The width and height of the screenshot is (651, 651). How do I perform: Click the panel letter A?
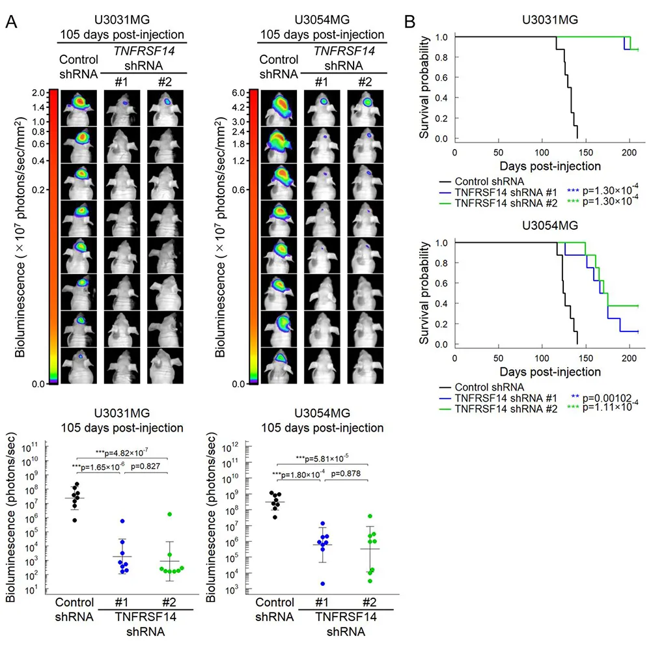[11, 21]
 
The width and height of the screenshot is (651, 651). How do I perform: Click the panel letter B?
[409, 21]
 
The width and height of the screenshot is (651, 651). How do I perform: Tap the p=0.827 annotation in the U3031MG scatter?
[145, 466]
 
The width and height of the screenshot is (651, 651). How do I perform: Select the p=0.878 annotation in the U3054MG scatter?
[346, 473]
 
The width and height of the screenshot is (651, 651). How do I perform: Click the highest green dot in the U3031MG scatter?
[170, 514]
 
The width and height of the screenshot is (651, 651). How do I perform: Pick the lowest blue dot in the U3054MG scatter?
[323, 584]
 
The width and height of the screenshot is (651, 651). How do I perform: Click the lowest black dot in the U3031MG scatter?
[75, 520]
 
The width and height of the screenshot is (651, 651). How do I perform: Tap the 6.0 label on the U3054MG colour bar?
[238, 92]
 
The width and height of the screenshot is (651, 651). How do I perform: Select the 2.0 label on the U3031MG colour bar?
[38, 92]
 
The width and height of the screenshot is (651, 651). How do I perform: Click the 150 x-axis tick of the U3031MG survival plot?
[586, 152]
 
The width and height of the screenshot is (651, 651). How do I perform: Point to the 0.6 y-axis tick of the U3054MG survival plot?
[441, 283]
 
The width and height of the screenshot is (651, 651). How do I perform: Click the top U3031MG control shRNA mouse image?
[79, 108]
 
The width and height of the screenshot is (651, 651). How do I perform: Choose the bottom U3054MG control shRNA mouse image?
[279, 366]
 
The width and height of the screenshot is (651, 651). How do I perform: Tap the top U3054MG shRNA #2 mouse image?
[365, 108]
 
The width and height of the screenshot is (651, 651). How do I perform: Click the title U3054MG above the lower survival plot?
[549, 225]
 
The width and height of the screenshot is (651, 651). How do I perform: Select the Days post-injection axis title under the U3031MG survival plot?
[550, 166]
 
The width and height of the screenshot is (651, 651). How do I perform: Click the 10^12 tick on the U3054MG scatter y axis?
[230, 447]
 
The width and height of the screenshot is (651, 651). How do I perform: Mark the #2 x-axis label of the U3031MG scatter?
[169, 602]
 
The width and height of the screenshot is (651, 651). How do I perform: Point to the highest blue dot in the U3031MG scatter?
[122, 521]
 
